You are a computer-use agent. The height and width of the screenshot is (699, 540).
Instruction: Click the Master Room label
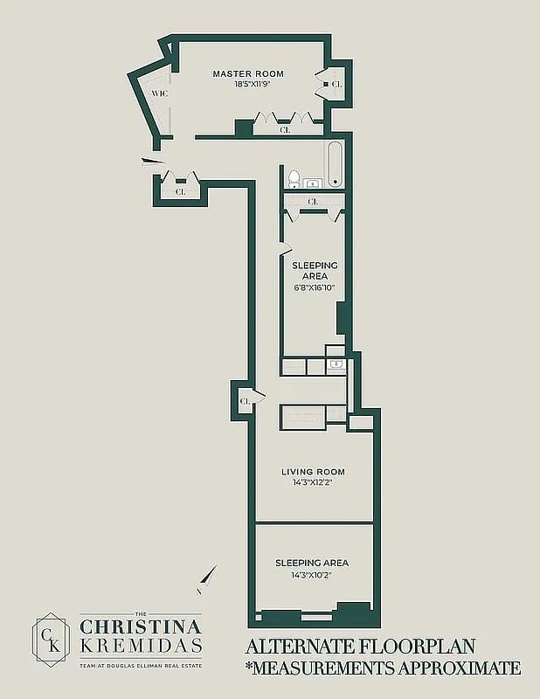click(x=248, y=74)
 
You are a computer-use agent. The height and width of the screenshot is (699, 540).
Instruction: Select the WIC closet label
click(x=160, y=93)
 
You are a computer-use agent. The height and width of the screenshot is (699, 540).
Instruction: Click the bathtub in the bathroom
click(x=336, y=164)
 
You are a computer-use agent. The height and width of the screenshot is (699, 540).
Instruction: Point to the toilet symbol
click(x=294, y=180)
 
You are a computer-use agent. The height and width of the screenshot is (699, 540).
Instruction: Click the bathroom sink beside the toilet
click(x=313, y=183)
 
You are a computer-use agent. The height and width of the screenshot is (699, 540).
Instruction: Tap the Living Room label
click(x=313, y=472)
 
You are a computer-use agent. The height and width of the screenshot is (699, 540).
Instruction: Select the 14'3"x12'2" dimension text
click(x=313, y=483)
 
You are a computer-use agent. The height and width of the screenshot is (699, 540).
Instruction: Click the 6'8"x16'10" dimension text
click(x=315, y=287)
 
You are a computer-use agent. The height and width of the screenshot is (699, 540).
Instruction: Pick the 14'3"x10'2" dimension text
click(x=312, y=575)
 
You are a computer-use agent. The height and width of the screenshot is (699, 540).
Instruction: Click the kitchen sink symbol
click(x=336, y=364)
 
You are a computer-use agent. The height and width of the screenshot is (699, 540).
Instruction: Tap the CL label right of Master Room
click(x=337, y=84)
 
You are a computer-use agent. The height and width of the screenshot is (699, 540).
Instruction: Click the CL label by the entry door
click(x=181, y=192)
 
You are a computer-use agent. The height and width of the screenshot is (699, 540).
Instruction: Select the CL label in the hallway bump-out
click(x=245, y=401)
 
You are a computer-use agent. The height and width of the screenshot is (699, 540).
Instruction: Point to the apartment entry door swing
click(x=153, y=163)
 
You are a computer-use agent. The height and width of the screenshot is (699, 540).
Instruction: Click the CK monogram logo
click(x=52, y=640)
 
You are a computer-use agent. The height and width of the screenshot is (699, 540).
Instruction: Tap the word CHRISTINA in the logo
click(x=141, y=626)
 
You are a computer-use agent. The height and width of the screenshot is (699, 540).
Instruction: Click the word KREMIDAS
click(x=141, y=646)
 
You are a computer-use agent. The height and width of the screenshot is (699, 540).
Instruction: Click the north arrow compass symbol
click(x=207, y=579)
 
